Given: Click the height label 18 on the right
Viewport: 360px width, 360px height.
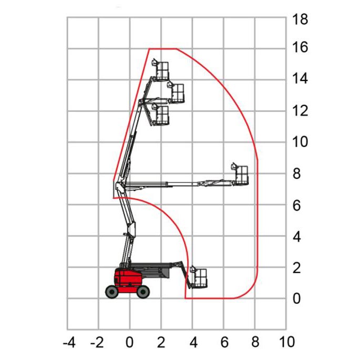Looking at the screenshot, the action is [x=300, y=19].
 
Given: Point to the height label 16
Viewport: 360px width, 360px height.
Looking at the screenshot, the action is [x=300, y=47].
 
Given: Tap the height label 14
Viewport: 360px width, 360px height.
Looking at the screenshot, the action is [x=300, y=78].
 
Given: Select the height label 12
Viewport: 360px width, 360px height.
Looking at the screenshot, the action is [x=300, y=110].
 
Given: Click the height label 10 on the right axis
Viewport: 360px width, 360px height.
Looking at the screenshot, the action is [x=300, y=141].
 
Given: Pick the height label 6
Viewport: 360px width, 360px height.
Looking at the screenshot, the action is [x=296, y=205].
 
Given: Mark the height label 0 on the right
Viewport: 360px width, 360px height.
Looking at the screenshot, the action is [x=296, y=299].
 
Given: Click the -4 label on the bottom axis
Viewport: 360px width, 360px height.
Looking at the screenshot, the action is [x=69, y=343].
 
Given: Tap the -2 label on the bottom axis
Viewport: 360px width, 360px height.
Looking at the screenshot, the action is [x=97, y=343].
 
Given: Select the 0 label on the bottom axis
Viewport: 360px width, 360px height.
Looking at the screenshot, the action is [x=129, y=343].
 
